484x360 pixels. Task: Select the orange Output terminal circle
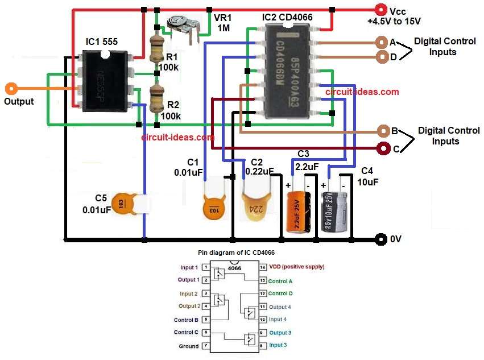click(10, 89)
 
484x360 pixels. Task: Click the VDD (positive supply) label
click(297, 267)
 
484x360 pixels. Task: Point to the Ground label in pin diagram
click(189, 346)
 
